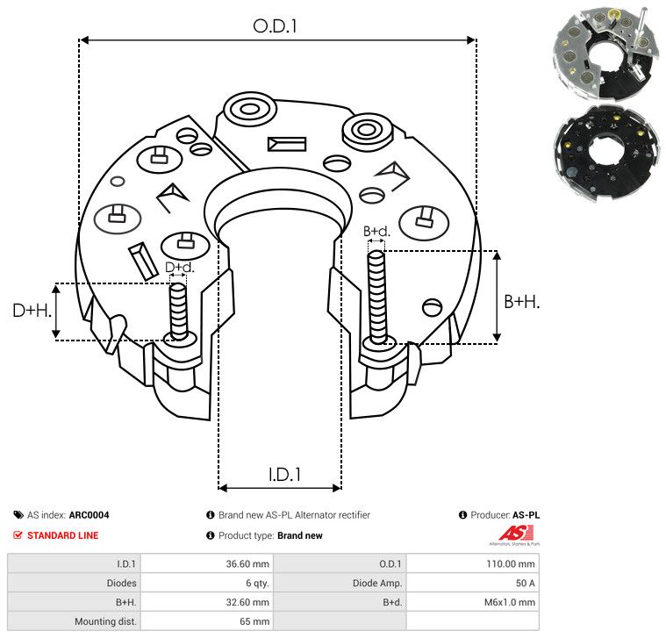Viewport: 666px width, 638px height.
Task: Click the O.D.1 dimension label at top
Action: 275,25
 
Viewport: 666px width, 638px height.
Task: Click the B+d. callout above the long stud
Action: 376,232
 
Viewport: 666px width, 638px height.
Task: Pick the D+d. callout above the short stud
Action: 179,267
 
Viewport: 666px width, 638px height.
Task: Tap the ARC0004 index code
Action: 89,516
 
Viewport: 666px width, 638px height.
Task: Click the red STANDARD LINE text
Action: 62,535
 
